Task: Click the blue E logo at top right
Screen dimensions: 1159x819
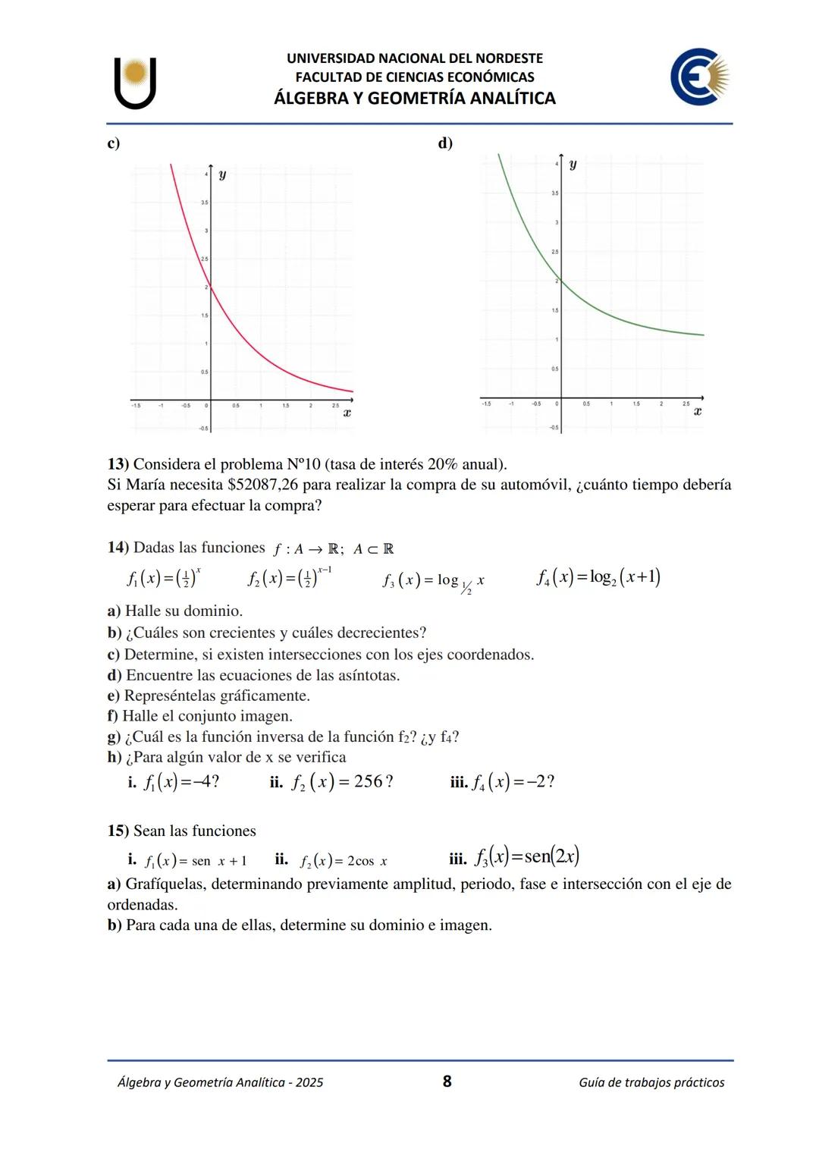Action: click(x=698, y=77)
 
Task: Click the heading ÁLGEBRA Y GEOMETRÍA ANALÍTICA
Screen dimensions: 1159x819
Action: click(x=415, y=99)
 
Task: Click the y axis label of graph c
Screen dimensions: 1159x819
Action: click(x=221, y=175)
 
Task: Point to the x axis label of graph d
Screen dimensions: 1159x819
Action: click(x=698, y=411)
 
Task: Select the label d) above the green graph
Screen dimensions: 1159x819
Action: click(x=445, y=143)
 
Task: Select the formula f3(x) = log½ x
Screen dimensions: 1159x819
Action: click(x=433, y=581)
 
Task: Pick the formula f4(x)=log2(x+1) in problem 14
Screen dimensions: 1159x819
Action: click(x=598, y=577)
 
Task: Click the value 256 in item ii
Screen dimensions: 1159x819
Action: click(x=369, y=781)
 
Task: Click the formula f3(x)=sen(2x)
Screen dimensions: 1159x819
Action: click(x=526, y=856)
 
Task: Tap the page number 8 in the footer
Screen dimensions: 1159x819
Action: click(x=447, y=1081)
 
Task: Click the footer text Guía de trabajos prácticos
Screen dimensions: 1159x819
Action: click(x=651, y=1082)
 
